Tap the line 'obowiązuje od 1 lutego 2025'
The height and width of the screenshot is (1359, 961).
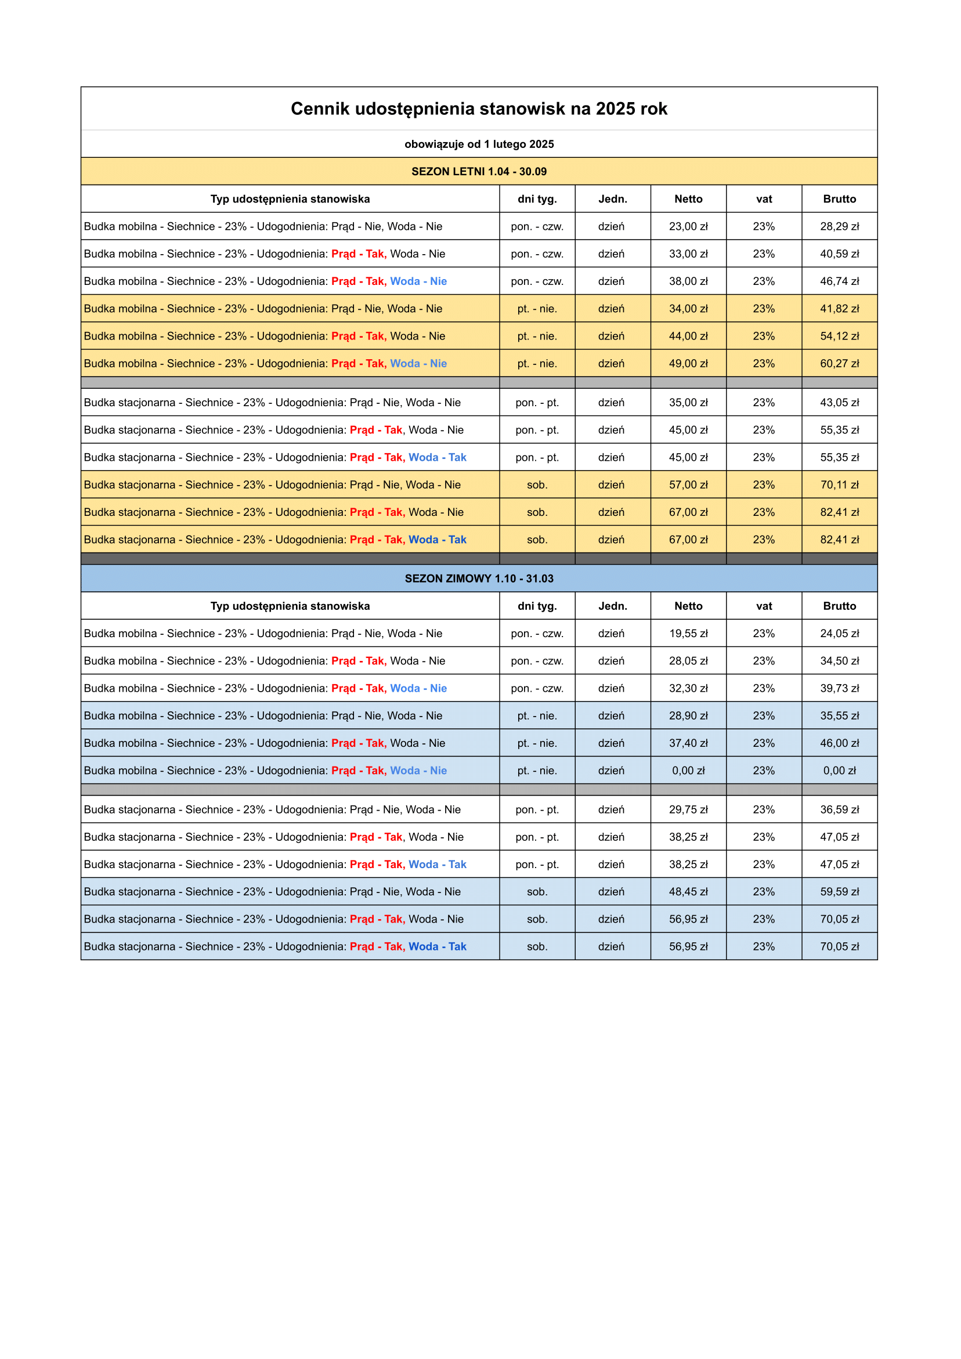coord(479,144)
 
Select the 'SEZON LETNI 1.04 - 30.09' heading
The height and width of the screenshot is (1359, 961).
coord(479,172)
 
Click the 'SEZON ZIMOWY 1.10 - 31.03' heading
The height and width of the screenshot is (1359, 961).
coord(479,579)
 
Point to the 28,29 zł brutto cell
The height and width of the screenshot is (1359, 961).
coord(839,226)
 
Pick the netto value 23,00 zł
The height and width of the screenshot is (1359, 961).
coord(688,226)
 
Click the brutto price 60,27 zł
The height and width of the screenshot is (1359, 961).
coord(839,363)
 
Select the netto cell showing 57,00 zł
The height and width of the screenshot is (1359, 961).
coord(688,485)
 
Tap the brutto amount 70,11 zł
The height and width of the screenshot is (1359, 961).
coord(839,485)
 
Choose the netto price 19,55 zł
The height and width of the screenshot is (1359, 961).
coord(688,633)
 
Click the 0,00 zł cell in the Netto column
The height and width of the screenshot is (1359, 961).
coord(688,771)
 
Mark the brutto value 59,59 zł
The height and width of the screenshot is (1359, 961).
coord(839,891)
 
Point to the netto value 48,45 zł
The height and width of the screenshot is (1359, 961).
coord(688,891)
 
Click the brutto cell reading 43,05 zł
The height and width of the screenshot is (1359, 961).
coord(839,403)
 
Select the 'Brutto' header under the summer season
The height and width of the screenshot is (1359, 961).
coord(839,199)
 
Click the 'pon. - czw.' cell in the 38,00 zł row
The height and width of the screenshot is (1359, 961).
coord(537,281)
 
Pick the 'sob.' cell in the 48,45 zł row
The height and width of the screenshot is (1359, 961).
coord(537,891)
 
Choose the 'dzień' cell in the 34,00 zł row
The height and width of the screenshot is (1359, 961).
coord(611,308)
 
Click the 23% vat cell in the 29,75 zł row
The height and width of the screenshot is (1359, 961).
coord(764,809)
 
